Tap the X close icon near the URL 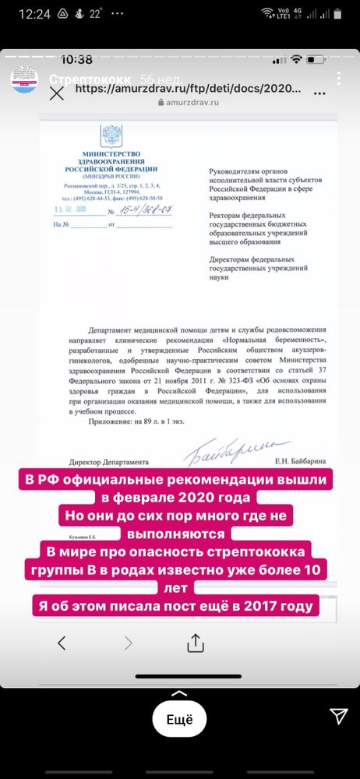[57, 93]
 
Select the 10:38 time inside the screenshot [76, 60]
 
